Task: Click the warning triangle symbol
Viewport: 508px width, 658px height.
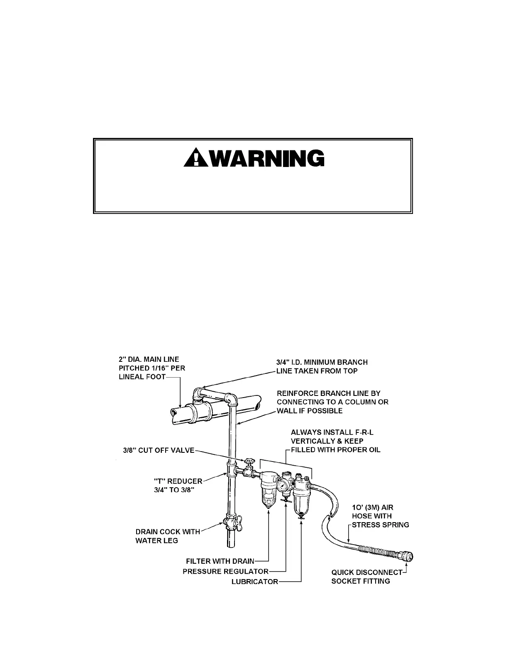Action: (x=193, y=158)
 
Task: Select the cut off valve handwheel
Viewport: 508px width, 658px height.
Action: (x=249, y=462)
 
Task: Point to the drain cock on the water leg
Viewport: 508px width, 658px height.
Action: (x=230, y=521)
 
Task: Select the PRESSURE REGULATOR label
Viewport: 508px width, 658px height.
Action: (x=226, y=572)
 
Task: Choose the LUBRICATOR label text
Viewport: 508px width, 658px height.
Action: (x=255, y=582)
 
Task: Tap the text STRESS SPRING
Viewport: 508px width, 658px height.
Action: (x=380, y=525)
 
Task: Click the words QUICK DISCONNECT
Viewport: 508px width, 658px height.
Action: (x=367, y=572)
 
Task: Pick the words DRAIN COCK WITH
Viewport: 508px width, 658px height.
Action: (x=168, y=532)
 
